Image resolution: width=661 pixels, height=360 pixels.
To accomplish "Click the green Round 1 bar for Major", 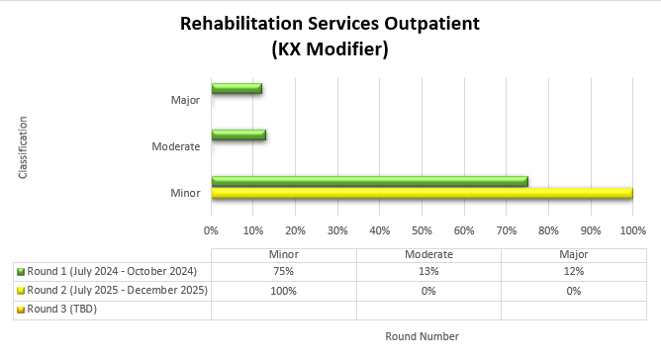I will tap(236, 88).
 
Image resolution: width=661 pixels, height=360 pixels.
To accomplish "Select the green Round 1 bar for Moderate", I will tap(237, 135).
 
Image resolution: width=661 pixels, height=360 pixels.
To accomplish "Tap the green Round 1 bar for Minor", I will tap(369, 181).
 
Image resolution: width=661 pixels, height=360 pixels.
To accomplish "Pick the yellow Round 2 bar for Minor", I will tap(422, 193).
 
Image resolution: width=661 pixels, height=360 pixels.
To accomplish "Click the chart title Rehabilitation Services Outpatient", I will tap(330, 24).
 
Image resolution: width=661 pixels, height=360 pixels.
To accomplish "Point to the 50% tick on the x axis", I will tap(422, 229).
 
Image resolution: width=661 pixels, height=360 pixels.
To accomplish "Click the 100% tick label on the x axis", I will tap(632, 229).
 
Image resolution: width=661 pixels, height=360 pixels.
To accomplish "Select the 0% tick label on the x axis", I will tap(211, 229).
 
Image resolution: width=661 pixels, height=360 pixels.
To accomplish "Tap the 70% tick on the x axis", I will tap(506, 229).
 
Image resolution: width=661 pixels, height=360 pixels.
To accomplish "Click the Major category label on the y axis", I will tap(185, 100).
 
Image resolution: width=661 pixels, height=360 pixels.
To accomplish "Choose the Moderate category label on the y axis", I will tap(176, 146).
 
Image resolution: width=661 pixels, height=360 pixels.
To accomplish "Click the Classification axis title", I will tap(22, 147).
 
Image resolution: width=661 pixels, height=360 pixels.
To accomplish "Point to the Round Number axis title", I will tap(422, 336).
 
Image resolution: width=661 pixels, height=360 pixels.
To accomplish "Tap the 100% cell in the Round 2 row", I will tap(284, 291).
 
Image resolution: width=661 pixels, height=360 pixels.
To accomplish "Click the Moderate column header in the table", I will tap(428, 253).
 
